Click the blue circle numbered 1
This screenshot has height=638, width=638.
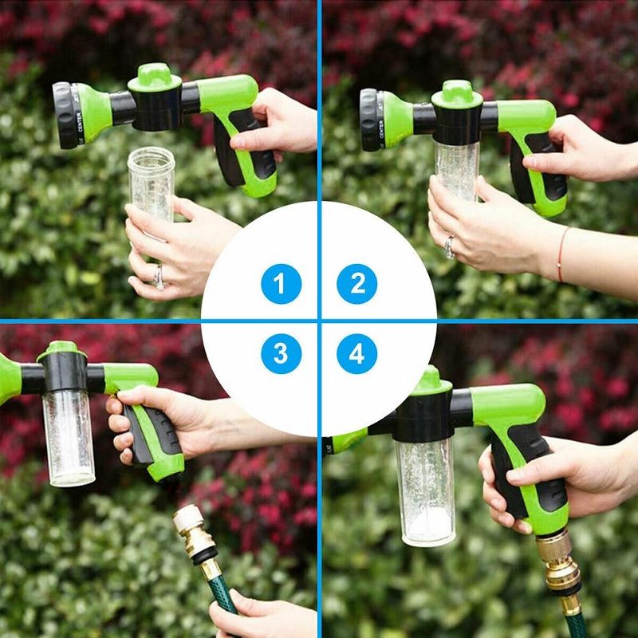tap(281, 284)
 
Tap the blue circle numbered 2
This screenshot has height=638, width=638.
tap(356, 284)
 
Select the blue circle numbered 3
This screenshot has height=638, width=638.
tap(281, 353)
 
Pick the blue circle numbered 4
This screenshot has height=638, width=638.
tap(356, 353)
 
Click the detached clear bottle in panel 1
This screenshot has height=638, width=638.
tap(151, 183)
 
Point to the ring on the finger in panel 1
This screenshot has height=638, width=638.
tap(159, 277)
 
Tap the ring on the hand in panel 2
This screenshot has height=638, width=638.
tap(451, 246)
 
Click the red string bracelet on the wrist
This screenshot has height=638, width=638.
tap(561, 254)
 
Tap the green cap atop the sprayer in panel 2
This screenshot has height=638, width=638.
tap(456, 93)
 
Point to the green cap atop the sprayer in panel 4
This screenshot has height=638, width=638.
tap(432, 381)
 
